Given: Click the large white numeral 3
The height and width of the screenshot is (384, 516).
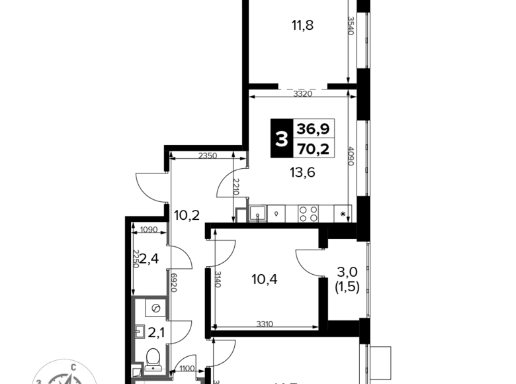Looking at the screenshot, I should click(x=281, y=140).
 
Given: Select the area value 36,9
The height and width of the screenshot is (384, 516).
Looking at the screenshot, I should click(x=313, y=129).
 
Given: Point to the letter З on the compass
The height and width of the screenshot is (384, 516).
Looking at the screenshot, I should click(x=39, y=381).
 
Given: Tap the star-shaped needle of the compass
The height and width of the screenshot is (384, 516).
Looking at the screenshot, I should click(x=64, y=379).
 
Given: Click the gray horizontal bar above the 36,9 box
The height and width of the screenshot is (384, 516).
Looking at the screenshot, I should click(x=303, y=87).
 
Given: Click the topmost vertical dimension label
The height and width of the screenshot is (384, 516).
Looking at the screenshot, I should click(x=350, y=26).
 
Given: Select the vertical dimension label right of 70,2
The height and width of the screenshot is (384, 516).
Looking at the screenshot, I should click(x=350, y=156).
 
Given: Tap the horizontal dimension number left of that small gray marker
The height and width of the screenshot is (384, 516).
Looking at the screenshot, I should click(x=207, y=156).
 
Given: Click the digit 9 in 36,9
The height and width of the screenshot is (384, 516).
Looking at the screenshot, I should click(x=324, y=129).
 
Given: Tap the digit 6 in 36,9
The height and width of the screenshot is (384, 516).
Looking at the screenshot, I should click(x=312, y=129).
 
